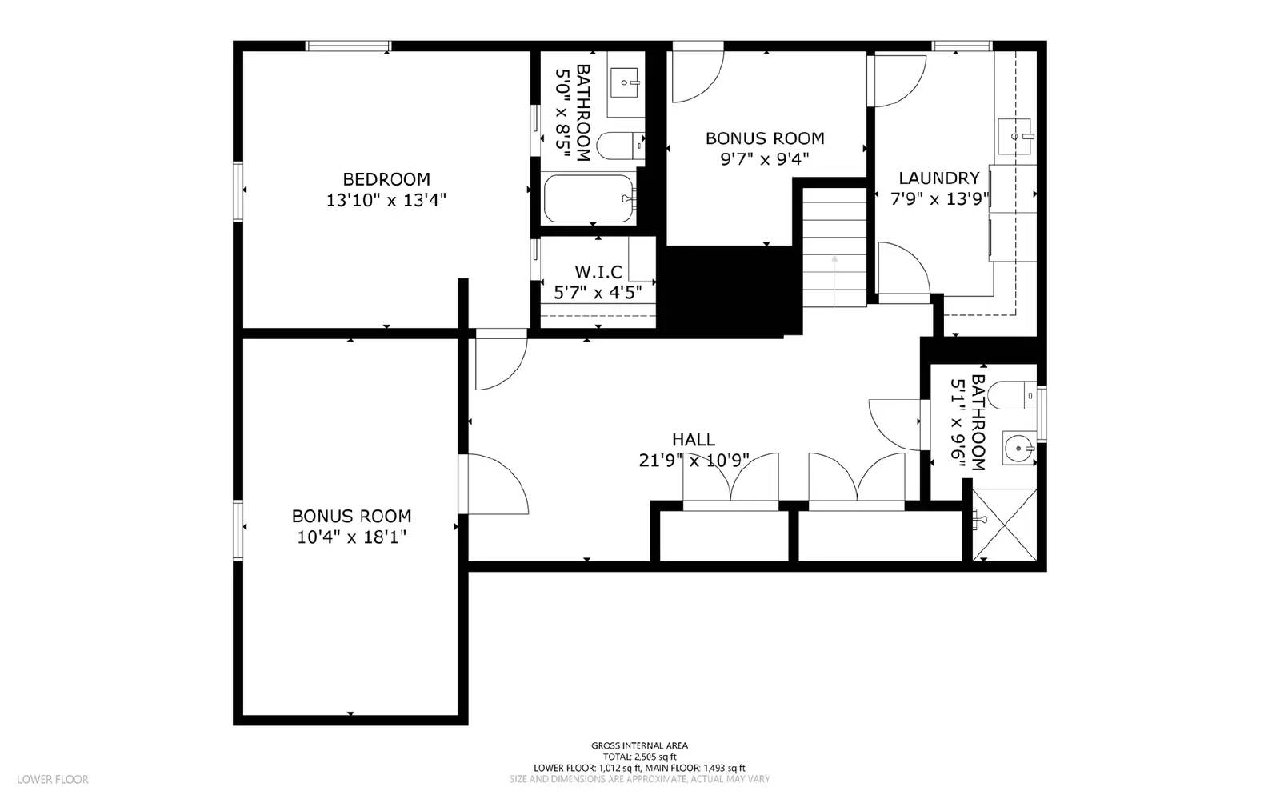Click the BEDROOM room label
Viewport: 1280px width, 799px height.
(x=386, y=179)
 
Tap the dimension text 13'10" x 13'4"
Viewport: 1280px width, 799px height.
(x=386, y=200)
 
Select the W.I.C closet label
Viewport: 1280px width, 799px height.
(x=598, y=272)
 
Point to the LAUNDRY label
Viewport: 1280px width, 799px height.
(x=938, y=178)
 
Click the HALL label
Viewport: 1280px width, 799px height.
(x=693, y=439)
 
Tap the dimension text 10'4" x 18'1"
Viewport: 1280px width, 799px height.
(x=351, y=537)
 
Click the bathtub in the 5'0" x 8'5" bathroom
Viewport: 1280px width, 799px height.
(x=590, y=198)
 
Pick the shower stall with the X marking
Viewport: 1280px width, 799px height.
(x=1004, y=525)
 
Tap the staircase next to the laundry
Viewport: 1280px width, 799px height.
(x=834, y=246)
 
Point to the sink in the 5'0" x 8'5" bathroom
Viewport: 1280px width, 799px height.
(x=626, y=82)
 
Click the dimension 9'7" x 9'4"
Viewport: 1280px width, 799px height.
(x=764, y=158)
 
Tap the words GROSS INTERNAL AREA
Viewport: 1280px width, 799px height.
(x=639, y=745)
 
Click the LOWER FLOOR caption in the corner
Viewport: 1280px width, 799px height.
(x=53, y=779)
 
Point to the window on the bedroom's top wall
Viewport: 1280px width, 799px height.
(x=349, y=46)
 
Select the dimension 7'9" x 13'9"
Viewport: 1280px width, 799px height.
(x=939, y=198)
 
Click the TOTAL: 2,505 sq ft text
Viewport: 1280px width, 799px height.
(x=639, y=757)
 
